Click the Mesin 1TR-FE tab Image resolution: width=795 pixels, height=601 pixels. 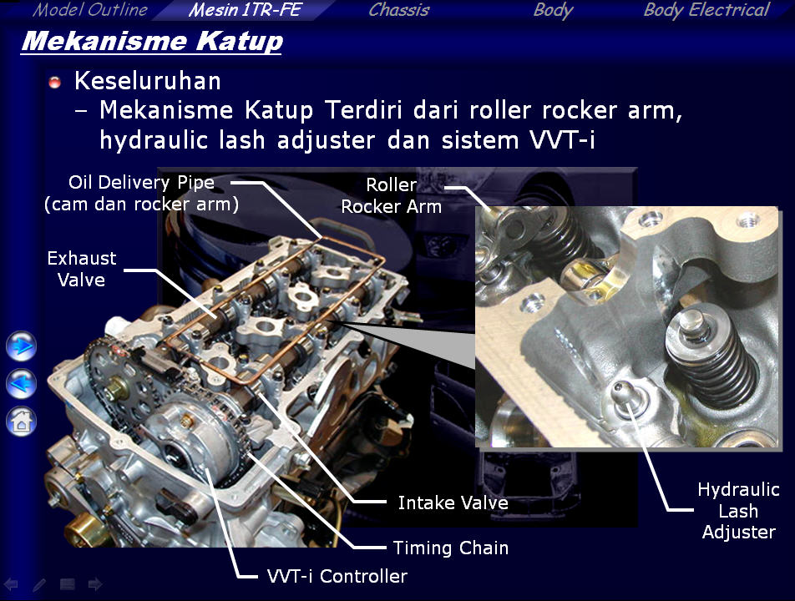(246, 10)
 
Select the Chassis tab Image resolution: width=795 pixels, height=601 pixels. (399, 10)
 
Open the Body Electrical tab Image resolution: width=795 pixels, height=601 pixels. (706, 10)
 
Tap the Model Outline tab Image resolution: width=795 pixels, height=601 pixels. (89, 10)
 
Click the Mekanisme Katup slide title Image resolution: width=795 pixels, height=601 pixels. (152, 42)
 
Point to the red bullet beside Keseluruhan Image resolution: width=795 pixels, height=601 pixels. (55, 82)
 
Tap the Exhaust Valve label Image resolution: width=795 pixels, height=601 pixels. (82, 269)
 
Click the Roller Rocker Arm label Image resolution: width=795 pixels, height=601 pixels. (392, 195)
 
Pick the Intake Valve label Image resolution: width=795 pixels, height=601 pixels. (453, 503)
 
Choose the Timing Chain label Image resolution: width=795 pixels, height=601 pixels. (451, 548)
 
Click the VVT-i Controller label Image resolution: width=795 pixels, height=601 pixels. (337, 576)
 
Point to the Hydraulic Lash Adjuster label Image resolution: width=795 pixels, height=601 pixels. (739, 511)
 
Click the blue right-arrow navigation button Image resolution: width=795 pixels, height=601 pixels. (22, 346)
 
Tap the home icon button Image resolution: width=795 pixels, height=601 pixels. (22, 421)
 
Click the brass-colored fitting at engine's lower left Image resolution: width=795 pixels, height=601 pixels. (81, 529)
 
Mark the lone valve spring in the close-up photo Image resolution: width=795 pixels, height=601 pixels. (712, 357)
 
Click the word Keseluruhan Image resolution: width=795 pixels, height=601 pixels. (148, 81)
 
